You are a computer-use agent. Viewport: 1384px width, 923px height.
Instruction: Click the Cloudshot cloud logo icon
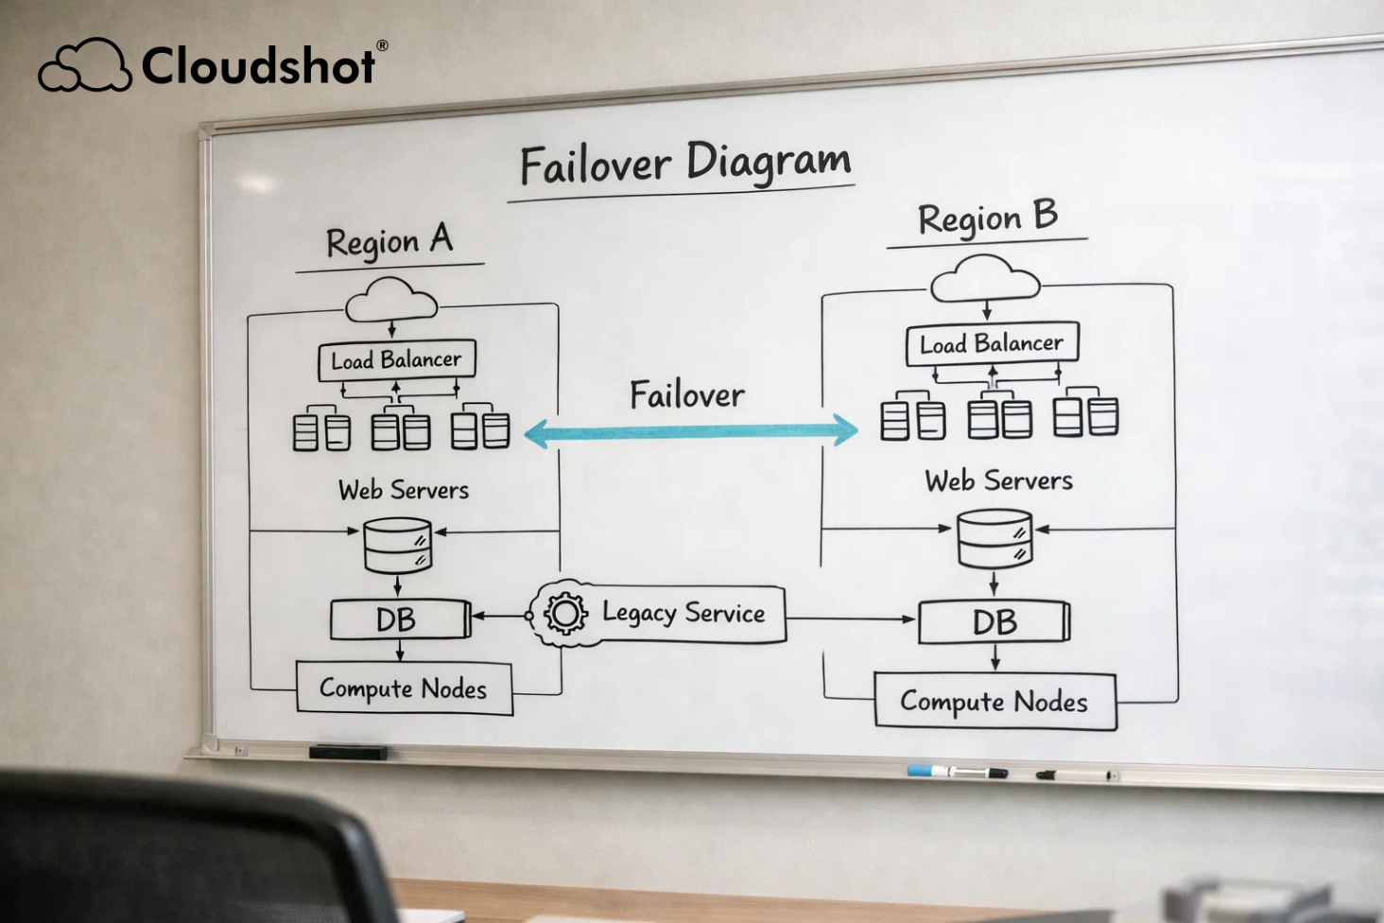tap(84, 66)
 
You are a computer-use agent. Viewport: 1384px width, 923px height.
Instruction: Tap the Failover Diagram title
tap(685, 164)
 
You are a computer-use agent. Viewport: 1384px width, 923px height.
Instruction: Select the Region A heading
tap(389, 242)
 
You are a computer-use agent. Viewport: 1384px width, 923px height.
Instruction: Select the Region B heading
tap(987, 218)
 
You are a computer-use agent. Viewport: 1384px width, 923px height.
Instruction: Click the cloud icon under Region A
tap(391, 300)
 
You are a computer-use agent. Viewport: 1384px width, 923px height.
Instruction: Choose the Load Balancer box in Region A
tap(396, 360)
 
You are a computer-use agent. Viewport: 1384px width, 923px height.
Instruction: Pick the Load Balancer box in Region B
tap(991, 343)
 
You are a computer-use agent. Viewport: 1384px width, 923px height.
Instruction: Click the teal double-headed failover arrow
tap(690, 431)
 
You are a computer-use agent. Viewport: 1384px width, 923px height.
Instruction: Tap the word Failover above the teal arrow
tap(687, 394)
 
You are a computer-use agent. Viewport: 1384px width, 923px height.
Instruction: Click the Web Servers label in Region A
tap(404, 490)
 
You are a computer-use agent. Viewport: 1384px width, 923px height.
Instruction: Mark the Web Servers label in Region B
tap(998, 480)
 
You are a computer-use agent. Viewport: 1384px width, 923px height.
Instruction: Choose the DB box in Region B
tap(994, 621)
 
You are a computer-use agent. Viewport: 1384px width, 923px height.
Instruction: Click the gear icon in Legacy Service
tap(565, 613)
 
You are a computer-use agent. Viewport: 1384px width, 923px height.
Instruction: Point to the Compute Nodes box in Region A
tap(404, 688)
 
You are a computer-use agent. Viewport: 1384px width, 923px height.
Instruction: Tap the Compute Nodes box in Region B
tap(995, 702)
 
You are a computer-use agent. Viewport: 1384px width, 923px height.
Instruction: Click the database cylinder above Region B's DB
tap(994, 539)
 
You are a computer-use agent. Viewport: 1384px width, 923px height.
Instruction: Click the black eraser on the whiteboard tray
tap(348, 752)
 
